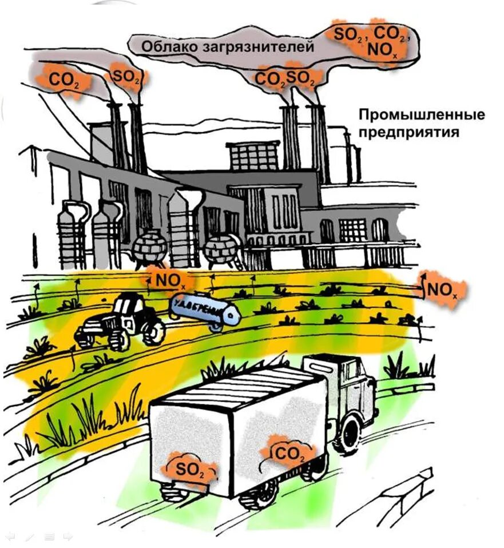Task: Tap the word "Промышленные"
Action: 422,114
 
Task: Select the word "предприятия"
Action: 409,133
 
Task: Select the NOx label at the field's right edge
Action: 442,291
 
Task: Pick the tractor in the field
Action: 122,323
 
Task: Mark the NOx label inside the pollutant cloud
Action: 383,50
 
